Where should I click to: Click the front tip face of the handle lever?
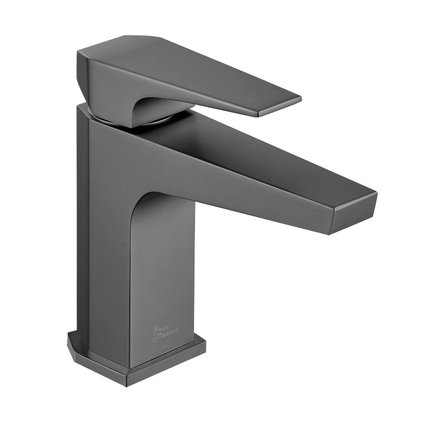(279, 107)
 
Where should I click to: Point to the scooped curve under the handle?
(153, 105)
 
